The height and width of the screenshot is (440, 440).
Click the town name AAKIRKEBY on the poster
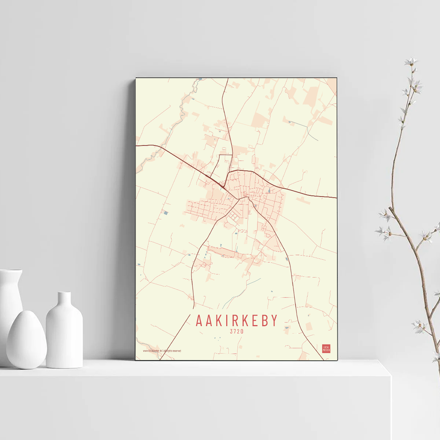[237, 320]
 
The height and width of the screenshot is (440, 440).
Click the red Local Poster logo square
[326, 348]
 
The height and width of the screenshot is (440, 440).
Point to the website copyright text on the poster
[162, 351]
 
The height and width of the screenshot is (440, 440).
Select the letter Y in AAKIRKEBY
[275, 320]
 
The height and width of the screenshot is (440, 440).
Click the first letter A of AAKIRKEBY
[199, 320]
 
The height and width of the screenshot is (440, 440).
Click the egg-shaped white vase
[26, 340]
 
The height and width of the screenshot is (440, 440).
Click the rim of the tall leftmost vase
[11, 271]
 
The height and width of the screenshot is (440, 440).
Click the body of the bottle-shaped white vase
[64, 337]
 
